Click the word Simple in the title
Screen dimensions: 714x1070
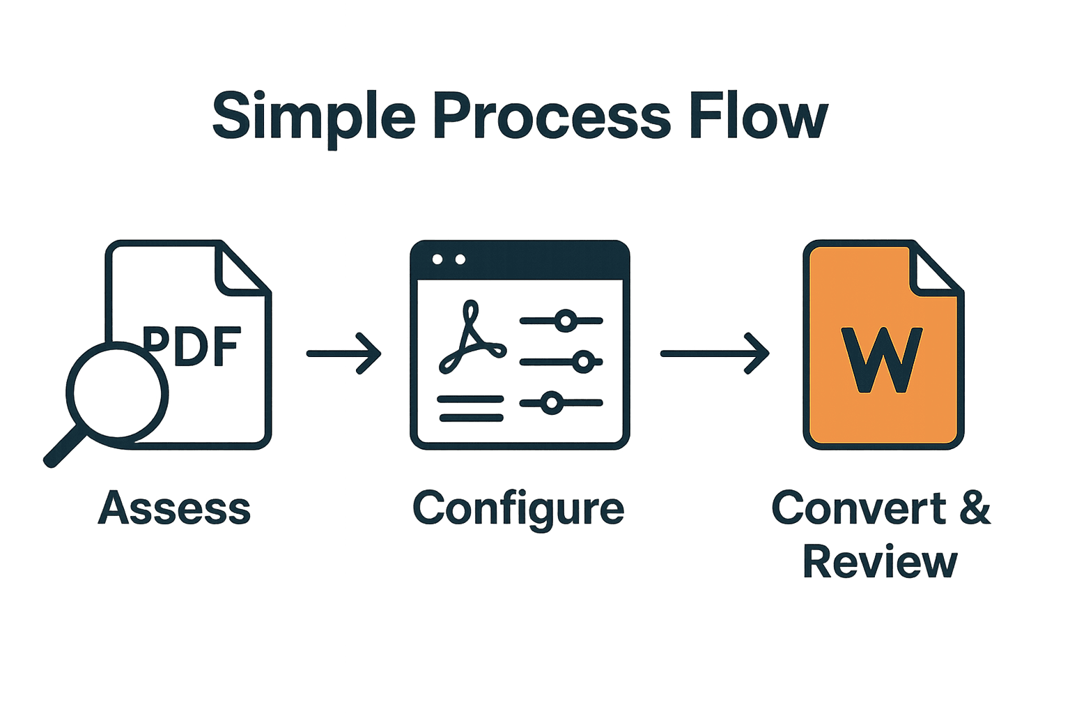pos(313,117)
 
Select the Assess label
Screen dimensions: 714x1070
pos(174,508)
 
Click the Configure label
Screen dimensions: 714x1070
pos(518,510)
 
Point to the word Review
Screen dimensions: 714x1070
pos(880,562)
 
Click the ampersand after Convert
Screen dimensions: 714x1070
pos(975,508)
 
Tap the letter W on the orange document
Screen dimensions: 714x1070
pos(882,360)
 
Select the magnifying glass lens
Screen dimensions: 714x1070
pos(117,393)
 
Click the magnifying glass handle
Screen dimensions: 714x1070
pos(64,450)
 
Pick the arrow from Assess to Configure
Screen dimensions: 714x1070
pos(344,354)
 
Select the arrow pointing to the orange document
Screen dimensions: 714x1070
pos(715,354)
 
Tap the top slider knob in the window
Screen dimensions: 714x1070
pos(566,321)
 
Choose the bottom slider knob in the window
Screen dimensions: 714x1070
pos(552,403)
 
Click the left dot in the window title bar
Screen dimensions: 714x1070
pos(437,259)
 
